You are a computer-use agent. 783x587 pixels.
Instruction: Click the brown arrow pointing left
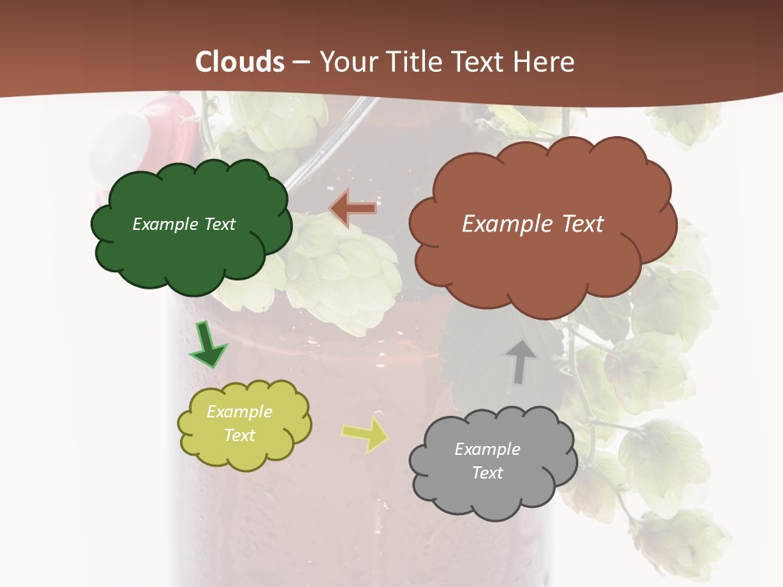(353, 209)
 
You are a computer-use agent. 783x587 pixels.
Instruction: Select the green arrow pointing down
(207, 346)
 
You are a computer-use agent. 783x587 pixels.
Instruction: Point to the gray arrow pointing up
(520, 361)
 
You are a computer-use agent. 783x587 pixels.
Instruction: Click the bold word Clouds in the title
(240, 62)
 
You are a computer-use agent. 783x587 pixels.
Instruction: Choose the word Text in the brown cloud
(577, 224)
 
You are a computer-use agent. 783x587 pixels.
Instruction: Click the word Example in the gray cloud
(487, 449)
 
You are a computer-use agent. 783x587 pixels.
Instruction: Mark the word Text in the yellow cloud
(240, 435)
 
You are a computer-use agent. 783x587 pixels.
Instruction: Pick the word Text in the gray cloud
(487, 473)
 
